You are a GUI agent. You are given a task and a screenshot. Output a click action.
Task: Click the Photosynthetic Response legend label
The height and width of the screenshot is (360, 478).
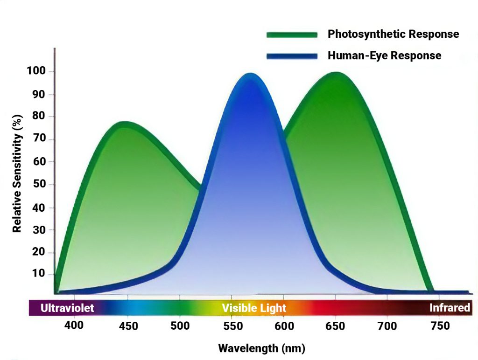(x=393, y=34)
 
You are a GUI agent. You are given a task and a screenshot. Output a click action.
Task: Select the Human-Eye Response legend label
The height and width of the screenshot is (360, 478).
(x=384, y=55)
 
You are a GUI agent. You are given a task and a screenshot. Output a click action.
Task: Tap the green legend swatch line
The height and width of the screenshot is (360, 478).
(x=291, y=35)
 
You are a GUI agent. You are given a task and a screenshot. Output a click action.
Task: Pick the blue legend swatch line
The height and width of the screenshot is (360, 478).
(x=291, y=56)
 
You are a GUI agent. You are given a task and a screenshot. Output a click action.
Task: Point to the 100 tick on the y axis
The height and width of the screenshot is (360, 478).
(x=36, y=71)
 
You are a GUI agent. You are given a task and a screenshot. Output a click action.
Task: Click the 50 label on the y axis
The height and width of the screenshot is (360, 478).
(x=39, y=184)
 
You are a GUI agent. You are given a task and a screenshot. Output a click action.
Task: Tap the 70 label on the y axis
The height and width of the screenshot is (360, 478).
(x=39, y=139)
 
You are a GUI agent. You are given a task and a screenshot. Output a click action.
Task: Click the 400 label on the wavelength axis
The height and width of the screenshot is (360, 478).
(x=74, y=325)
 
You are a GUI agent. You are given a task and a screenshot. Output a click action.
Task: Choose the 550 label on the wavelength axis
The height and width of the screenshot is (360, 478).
(x=231, y=326)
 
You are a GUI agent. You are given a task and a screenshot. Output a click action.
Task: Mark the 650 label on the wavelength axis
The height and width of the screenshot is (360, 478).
(x=335, y=326)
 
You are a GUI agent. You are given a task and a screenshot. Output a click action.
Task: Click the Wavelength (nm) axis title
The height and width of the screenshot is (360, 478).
(x=261, y=348)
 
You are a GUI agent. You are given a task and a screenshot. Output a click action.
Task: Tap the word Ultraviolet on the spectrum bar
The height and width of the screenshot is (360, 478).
(x=67, y=308)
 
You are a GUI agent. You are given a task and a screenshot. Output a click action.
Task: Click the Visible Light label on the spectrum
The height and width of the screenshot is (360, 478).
(x=254, y=308)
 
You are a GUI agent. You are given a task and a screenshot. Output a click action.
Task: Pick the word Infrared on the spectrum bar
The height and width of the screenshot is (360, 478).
(x=450, y=308)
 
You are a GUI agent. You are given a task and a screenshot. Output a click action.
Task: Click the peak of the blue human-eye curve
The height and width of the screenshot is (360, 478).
(x=251, y=75)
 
